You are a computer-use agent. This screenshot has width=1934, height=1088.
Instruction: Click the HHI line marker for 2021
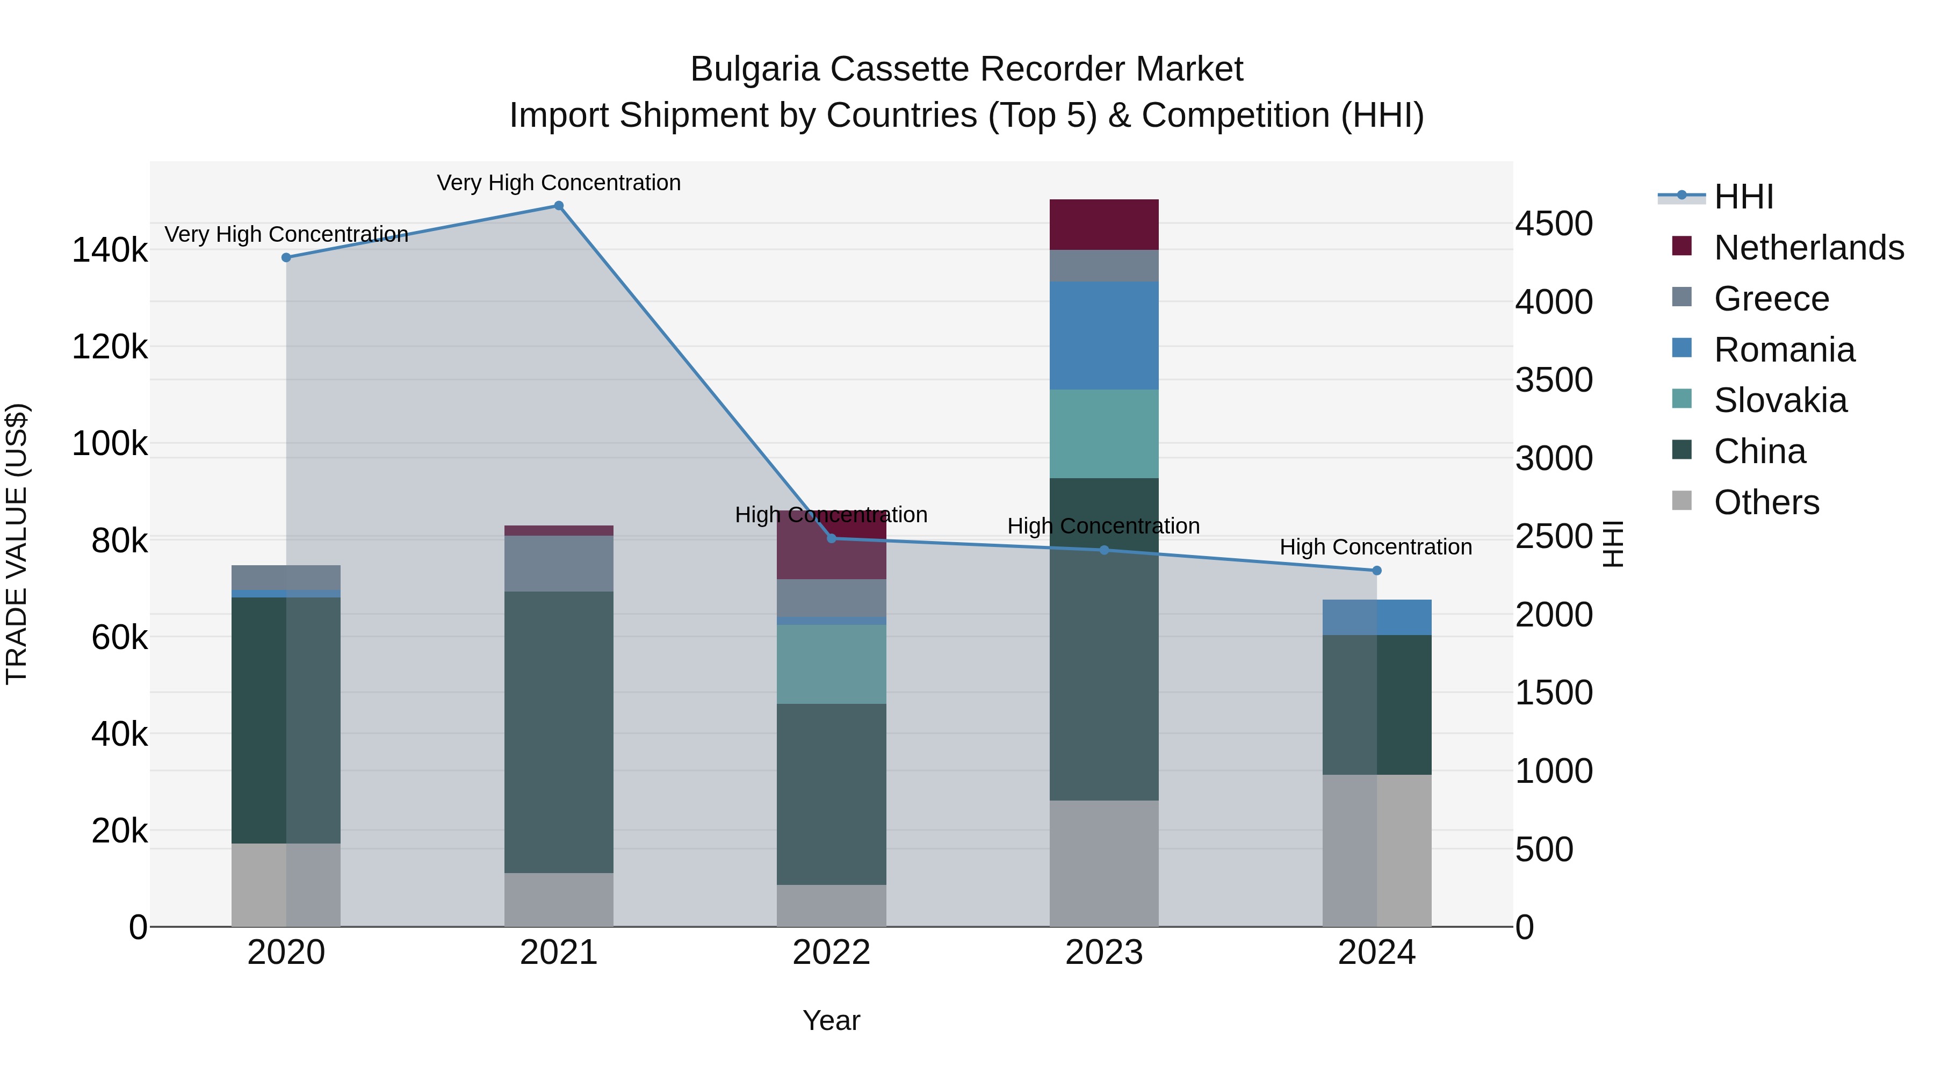(559, 206)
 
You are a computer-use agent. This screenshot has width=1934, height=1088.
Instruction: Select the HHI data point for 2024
(1376, 571)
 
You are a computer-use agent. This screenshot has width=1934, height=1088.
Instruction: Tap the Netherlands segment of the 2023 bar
(1103, 225)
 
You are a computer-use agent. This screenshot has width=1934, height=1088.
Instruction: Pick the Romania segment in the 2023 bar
(1103, 336)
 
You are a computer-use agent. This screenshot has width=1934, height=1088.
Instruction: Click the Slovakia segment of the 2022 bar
(831, 664)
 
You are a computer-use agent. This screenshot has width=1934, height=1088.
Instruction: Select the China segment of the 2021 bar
(559, 732)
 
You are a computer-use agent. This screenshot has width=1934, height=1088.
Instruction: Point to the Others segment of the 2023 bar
(1103, 863)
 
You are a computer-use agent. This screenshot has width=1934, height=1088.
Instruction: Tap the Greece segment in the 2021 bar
(559, 563)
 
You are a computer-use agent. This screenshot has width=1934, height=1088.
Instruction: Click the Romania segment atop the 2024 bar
(1376, 617)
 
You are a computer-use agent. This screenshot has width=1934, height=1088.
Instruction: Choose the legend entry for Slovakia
(1779, 400)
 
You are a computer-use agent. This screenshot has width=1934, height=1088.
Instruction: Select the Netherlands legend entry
(1808, 248)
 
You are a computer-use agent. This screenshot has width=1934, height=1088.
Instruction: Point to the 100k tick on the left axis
(110, 444)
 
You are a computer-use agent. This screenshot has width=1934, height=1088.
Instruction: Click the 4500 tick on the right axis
(1553, 224)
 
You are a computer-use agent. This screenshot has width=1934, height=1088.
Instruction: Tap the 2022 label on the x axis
(831, 953)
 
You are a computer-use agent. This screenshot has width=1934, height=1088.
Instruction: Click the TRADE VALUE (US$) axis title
(17, 544)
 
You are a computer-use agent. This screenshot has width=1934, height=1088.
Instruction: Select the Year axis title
(831, 1020)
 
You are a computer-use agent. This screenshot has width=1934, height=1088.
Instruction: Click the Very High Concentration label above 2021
(559, 183)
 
